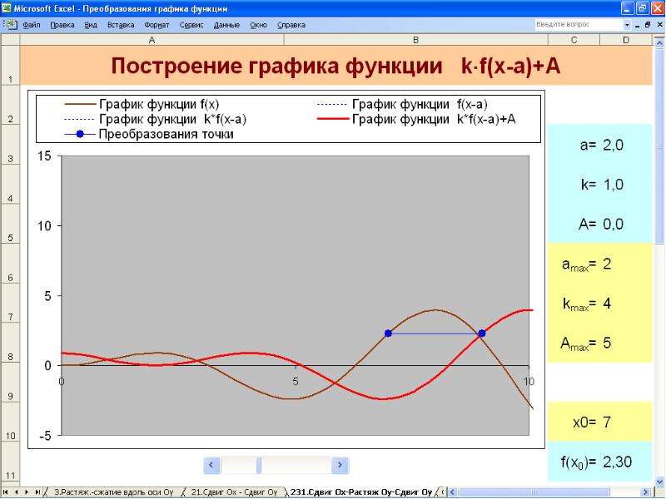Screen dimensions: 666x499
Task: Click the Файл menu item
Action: point(31,25)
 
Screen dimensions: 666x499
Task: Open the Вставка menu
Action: point(121,25)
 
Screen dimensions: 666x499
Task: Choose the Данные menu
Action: point(226,25)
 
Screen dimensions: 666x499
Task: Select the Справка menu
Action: point(291,25)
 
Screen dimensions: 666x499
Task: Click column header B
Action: point(415,40)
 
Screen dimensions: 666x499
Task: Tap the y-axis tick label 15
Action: point(44,156)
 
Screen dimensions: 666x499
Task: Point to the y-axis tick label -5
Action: point(43,436)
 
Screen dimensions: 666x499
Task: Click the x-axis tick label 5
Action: point(296,382)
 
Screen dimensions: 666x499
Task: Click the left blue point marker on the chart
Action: point(388,333)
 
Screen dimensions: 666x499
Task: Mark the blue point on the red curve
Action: point(482,333)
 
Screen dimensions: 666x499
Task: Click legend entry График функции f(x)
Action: point(142,104)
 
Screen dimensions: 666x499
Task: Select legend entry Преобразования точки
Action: point(149,134)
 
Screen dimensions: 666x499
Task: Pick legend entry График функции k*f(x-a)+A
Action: point(416,119)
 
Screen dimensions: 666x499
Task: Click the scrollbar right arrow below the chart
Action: point(340,465)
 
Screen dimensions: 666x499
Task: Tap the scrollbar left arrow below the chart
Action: point(211,465)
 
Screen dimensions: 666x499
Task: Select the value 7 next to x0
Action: point(607,422)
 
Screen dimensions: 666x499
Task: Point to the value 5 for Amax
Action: point(607,343)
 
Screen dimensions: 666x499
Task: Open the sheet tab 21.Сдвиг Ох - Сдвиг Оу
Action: point(234,492)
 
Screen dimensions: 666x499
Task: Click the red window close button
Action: point(658,8)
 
